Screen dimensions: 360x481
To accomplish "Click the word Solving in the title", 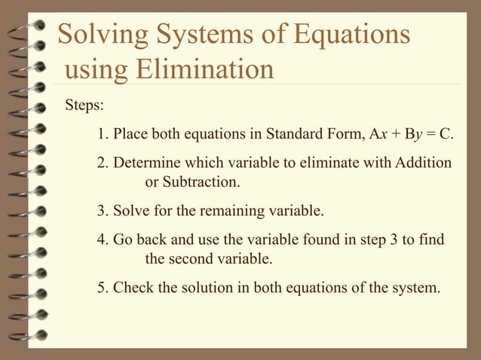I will pyautogui.click(x=103, y=35).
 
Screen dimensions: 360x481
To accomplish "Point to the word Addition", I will pyautogui.click(x=420, y=163).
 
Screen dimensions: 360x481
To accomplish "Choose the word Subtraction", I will pyautogui.click(x=201, y=182).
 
